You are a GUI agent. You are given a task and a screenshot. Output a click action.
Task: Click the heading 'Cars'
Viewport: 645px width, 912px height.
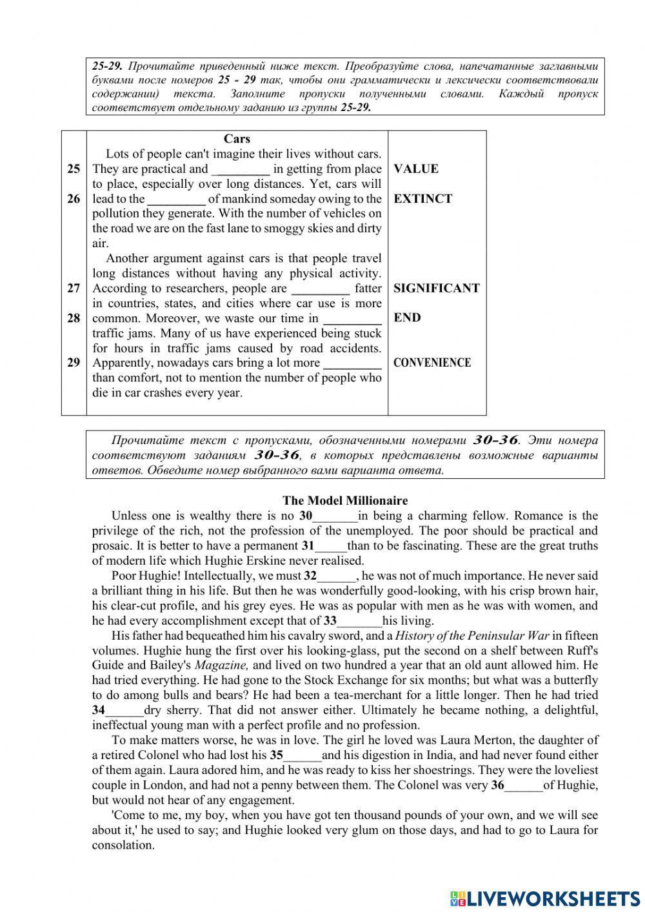click(x=237, y=139)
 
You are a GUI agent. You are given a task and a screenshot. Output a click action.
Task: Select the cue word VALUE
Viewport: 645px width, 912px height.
click(x=415, y=169)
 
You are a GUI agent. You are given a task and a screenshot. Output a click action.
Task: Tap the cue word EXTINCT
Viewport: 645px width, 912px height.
click(x=422, y=199)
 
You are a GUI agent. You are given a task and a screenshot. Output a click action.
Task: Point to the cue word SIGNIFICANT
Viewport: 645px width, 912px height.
click(x=436, y=289)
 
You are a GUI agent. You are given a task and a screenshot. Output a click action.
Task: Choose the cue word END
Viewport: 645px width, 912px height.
click(x=407, y=318)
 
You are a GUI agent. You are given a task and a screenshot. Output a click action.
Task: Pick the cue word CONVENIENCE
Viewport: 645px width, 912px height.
click(x=432, y=363)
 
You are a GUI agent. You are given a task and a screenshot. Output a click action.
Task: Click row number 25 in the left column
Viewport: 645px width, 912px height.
click(x=74, y=169)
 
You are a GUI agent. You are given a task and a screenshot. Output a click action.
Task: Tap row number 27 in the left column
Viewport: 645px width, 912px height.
click(x=74, y=289)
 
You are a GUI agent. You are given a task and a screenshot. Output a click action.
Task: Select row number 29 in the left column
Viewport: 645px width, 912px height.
click(x=74, y=363)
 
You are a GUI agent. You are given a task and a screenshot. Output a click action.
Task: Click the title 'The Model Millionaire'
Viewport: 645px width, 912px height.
click(x=345, y=501)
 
